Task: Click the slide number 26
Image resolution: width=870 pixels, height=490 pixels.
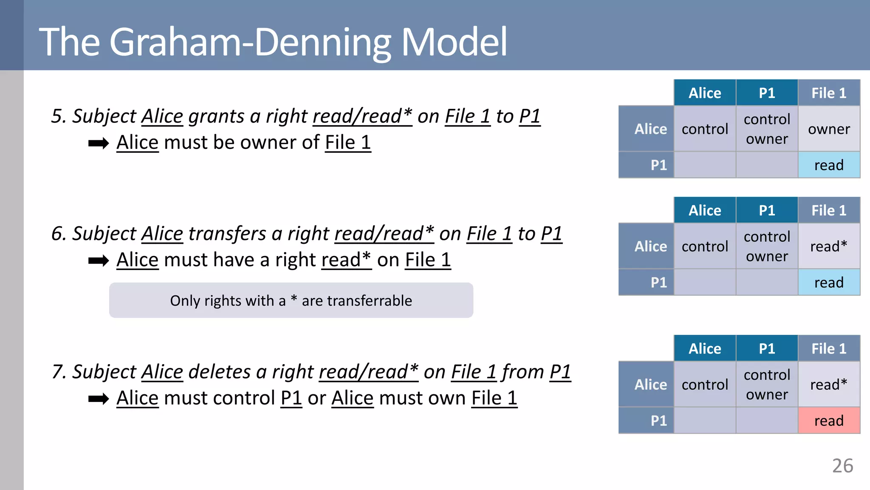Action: coord(842,466)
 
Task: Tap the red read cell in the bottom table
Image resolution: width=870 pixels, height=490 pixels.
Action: coord(829,421)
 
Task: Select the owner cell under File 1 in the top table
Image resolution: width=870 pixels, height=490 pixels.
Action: coord(829,129)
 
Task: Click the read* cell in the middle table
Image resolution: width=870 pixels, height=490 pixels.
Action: coord(829,246)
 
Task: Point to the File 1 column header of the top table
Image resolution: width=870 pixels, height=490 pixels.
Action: coord(829,93)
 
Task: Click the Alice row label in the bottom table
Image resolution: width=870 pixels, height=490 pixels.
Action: coord(650,385)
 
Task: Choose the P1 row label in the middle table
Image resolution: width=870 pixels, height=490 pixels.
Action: coord(658,282)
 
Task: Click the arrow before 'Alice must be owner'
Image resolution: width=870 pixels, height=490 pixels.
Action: coord(99,143)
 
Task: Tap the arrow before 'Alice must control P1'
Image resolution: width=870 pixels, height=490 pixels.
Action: coord(99,399)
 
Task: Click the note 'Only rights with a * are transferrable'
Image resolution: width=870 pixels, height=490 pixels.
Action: coord(291,301)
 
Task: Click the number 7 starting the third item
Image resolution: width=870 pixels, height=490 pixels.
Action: coord(57,372)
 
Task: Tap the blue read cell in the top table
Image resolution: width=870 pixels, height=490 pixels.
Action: coord(829,165)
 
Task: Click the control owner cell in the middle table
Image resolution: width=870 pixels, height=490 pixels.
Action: coord(767,246)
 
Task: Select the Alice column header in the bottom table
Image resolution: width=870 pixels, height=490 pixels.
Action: coord(705,349)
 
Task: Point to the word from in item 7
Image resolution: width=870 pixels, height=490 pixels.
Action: coord(523,372)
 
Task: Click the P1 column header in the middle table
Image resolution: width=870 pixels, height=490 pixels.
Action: coord(767,211)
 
